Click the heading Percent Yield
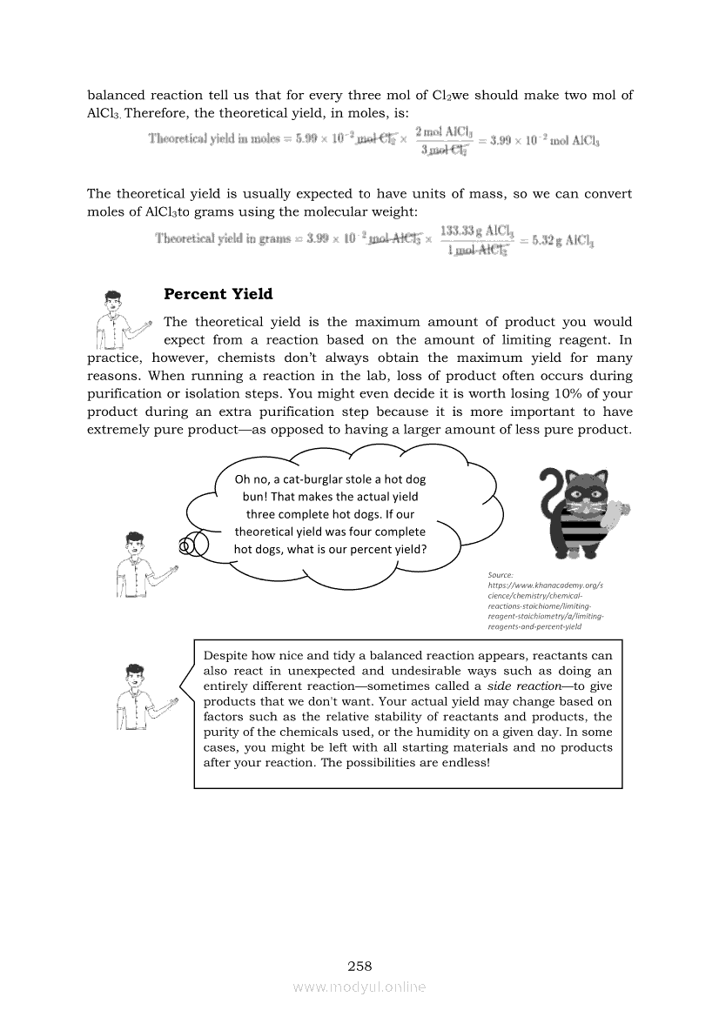click(x=218, y=294)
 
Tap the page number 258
click(x=359, y=966)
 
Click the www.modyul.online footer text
click(x=359, y=987)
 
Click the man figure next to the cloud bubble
click(x=144, y=565)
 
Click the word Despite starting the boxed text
click(x=225, y=655)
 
